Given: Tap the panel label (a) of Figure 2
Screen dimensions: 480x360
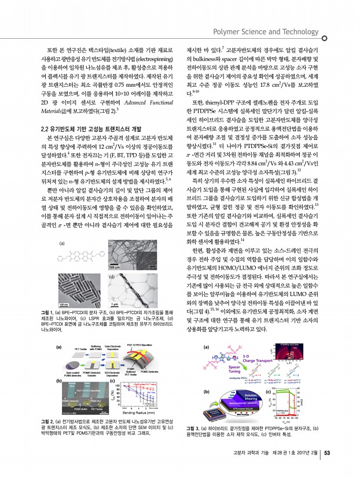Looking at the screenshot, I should (59, 331).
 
